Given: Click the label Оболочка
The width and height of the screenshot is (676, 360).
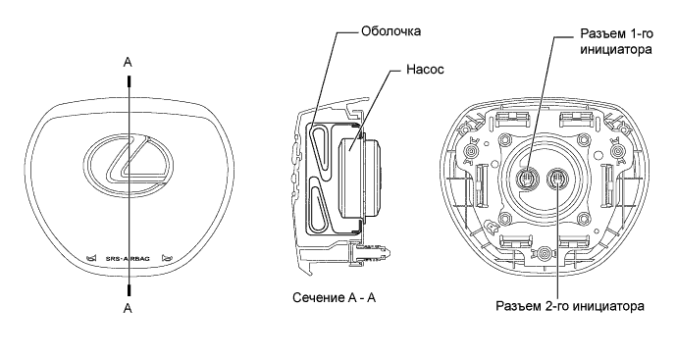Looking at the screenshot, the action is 391,31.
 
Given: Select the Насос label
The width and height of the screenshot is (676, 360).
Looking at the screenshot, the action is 425,70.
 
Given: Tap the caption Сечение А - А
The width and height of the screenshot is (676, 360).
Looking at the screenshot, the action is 335,298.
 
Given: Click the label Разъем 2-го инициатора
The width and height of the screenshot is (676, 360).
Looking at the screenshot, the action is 570,306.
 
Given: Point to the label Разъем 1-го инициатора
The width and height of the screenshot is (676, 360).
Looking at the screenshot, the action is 616,42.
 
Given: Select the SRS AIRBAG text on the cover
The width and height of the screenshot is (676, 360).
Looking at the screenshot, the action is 128,259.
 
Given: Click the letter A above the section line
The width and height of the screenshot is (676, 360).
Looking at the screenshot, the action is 128,63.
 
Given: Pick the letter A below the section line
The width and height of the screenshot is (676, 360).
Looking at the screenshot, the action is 128,309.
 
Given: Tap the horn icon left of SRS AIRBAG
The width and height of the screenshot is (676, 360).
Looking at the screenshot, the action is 91,258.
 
